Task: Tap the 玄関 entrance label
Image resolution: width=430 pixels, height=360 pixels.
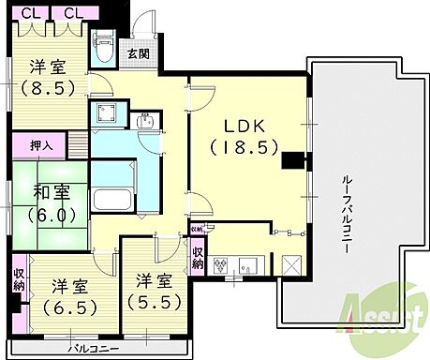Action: click(138, 54)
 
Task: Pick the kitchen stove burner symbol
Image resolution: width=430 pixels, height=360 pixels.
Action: click(221, 263)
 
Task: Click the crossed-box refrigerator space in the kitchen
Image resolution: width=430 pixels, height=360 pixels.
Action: click(289, 265)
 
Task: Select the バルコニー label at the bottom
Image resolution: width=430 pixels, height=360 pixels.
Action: click(94, 349)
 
